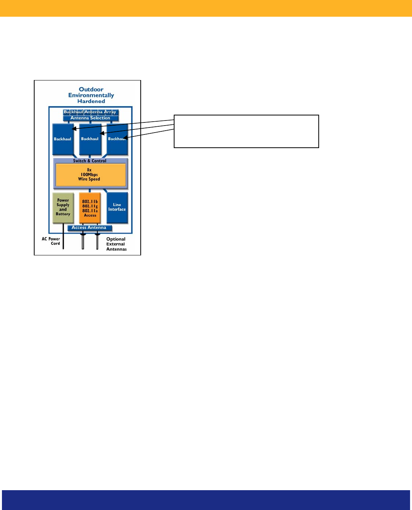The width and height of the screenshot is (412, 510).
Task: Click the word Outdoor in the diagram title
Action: (x=91, y=89)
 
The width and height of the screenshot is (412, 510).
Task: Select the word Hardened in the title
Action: (x=91, y=101)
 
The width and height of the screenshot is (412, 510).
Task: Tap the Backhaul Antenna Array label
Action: (x=90, y=112)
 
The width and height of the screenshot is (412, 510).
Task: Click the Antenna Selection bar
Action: (x=90, y=118)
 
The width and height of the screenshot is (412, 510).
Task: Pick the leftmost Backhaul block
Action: (x=62, y=139)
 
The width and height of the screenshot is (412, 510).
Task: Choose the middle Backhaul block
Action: (x=90, y=139)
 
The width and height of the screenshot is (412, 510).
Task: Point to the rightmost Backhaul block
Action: (x=117, y=139)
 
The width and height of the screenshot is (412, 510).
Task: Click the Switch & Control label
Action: (x=90, y=161)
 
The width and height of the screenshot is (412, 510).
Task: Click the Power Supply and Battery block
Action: (x=63, y=207)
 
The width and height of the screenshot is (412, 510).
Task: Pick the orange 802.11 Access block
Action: (x=90, y=208)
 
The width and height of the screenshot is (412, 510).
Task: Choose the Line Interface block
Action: (x=117, y=207)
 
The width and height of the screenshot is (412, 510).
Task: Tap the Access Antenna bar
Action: (x=89, y=227)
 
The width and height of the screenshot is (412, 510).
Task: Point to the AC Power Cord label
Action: (x=51, y=241)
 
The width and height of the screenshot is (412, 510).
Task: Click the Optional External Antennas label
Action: (x=116, y=244)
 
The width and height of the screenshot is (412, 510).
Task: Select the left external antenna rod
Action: (x=83, y=241)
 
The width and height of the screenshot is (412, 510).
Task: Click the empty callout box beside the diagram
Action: (x=246, y=131)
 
